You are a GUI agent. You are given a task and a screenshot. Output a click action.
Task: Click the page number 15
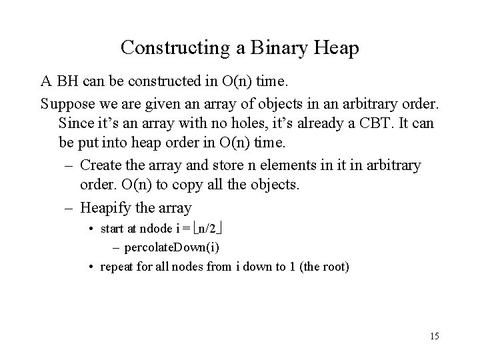point(434,336)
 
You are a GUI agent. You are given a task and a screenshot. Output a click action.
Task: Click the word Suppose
point(67,103)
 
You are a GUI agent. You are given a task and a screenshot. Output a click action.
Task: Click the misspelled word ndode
point(157,229)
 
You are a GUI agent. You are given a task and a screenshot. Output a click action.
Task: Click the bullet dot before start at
point(91,229)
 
